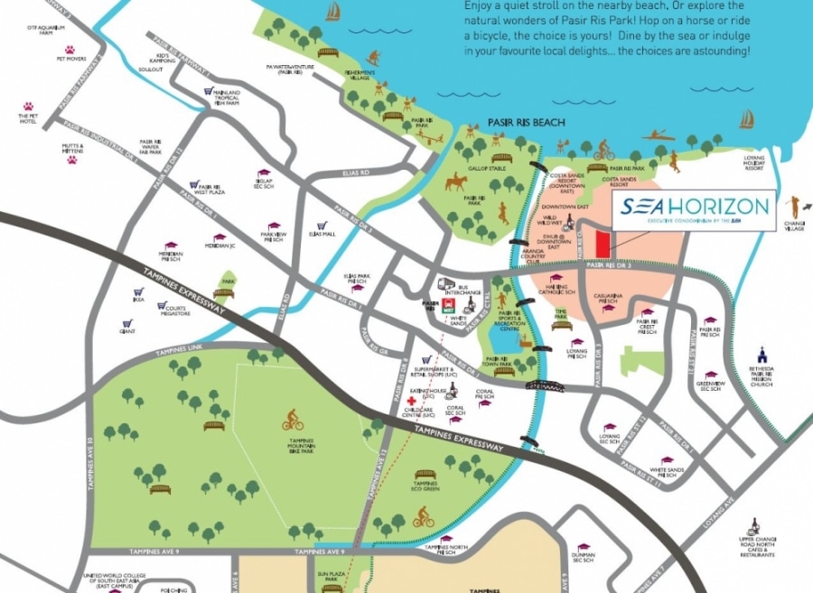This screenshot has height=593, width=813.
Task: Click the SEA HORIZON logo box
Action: pos(694,211)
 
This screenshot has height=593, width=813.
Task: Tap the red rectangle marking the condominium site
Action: pos(603,242)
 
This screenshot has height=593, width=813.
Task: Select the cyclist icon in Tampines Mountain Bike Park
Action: pos(292,420)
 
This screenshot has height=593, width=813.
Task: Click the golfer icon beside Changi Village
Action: pos(795,206)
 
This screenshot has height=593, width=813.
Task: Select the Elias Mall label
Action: pos(322,234)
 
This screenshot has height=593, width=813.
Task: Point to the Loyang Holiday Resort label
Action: pos(753,162)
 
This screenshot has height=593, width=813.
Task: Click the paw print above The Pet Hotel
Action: pos(25,105)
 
